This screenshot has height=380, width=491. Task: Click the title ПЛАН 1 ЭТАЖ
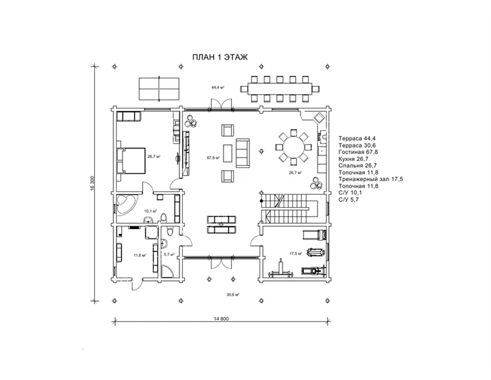[220, 57]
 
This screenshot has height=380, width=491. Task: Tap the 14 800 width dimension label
[221, 319]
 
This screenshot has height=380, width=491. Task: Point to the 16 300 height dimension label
[92, 183]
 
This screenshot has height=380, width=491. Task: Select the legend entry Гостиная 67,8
[358, 152]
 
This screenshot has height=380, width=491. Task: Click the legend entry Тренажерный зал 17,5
[370, 179]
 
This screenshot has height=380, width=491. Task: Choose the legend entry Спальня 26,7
[357, 165]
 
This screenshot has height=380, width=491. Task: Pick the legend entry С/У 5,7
[348, 200]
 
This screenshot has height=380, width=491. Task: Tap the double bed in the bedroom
[131, 161]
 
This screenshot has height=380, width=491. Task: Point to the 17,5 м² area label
[296, 254]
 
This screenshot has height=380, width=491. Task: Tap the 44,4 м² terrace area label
[218, 87]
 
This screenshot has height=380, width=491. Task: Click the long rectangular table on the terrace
[280, 89]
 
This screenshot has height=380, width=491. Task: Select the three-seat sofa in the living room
[243, 153]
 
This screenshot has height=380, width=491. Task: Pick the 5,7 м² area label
[169, 254]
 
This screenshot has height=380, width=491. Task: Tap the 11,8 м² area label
[140, 255]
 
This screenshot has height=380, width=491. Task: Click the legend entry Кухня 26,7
[353, 159]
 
